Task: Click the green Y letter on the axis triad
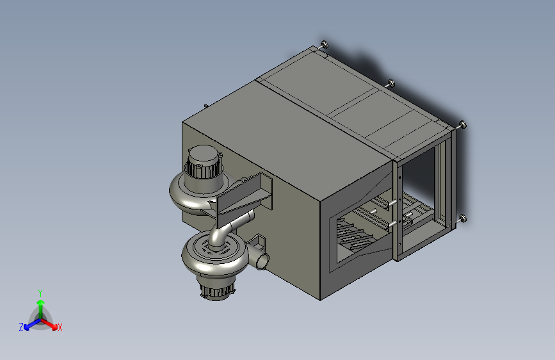coord(40,293)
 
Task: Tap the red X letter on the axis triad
coord(60,327)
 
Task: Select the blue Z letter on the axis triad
coord(21,327)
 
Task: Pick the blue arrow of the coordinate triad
coord(32,324)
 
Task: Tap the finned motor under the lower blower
coord(216,289)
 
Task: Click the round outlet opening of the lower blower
coord(262,262)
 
